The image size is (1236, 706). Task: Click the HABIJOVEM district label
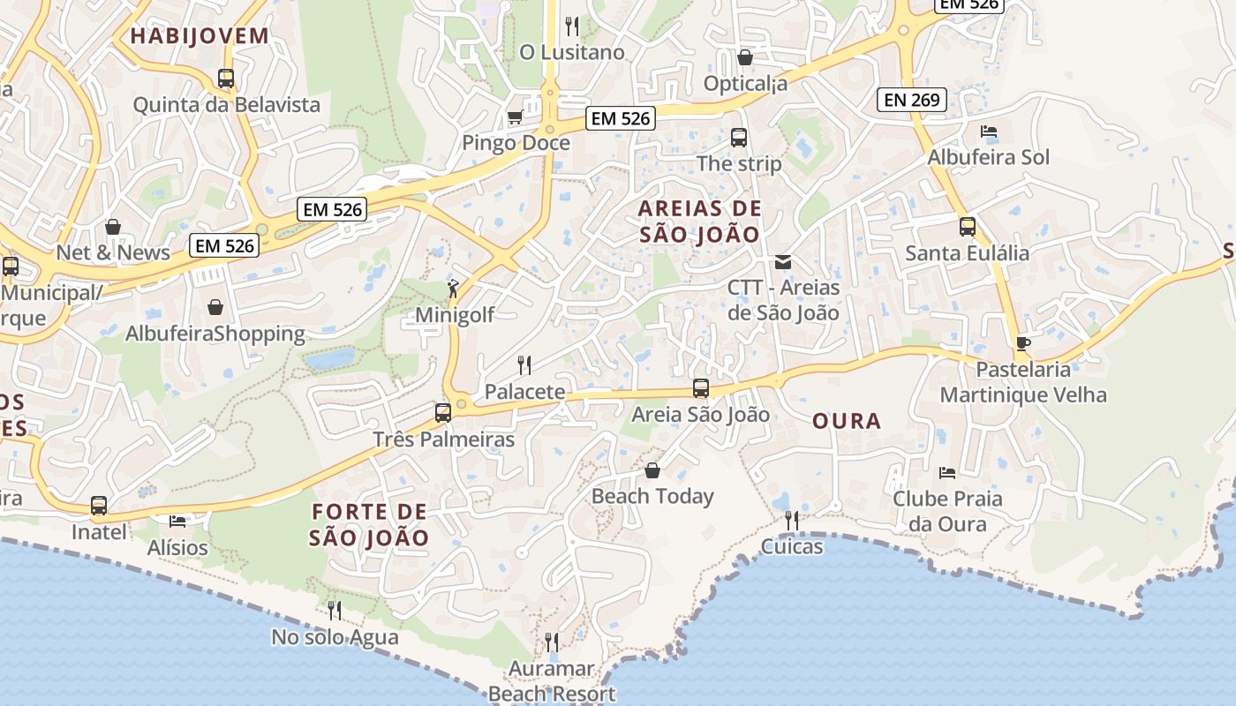(x=200, y=36)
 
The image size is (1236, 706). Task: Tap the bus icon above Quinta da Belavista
(x=226, y=79)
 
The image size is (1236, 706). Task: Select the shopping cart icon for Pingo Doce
(x=515, y=116)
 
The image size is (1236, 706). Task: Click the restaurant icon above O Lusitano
(x=572, y=26)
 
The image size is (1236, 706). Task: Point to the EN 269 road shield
(x=912, y=100)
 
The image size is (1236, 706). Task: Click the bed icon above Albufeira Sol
(x=989, y=131)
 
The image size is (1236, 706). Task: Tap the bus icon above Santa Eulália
(x=968, y=227)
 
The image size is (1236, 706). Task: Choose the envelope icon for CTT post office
(x=783, y=261)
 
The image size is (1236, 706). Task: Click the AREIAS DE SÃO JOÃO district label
(x=699, y=222)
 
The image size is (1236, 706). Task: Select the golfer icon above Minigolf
(x=454, y=288)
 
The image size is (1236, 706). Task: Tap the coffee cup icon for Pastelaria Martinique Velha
(x=1023, y=342)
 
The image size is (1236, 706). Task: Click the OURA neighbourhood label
(x=847, y=421)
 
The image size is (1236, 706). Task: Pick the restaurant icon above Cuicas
(x=792, y=521)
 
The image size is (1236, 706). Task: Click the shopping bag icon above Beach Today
(x=652, y=470)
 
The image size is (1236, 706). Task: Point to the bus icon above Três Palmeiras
(x=443, y=412)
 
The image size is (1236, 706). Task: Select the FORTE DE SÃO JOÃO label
(x=370, y=524)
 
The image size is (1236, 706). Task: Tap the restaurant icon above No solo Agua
(x=335, y=610)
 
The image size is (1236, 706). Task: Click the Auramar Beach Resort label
(x=552, y=681)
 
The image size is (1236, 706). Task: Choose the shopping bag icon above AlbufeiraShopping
(x=215, y=307)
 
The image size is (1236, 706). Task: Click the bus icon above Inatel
(x=99, y=506)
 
